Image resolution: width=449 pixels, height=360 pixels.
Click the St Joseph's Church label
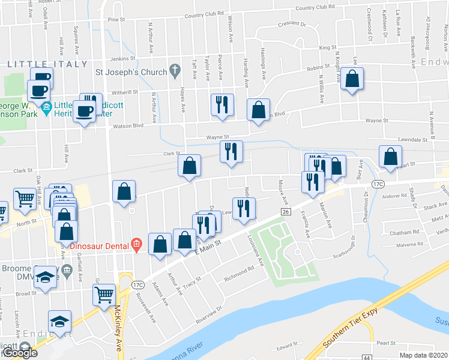(130, 73)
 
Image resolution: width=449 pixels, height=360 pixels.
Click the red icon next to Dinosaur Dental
(137, 244)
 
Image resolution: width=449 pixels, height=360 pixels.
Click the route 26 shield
(286, 212)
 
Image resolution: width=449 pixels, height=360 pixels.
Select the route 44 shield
(367, 357)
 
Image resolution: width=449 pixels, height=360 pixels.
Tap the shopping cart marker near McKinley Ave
(104, 294)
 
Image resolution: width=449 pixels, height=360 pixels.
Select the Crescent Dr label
(292, 25)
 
